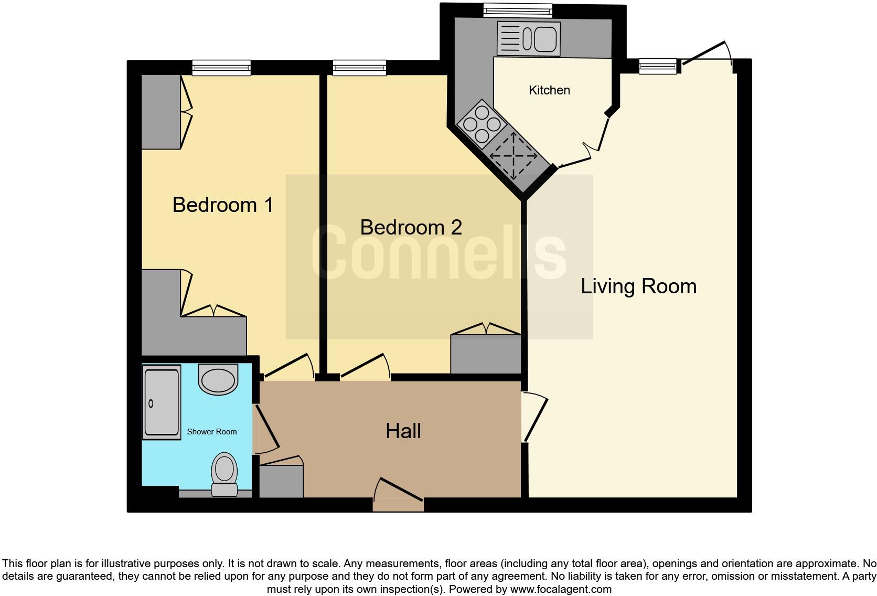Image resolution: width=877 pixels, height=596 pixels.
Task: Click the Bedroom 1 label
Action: coord(223,205)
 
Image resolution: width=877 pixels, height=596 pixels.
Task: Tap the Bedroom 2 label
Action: coord(411,227)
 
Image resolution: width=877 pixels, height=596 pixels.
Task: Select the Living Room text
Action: coord(638,286)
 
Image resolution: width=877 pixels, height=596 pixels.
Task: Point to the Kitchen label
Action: coord(549,90)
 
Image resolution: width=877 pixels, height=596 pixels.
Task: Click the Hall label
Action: coord(403,431)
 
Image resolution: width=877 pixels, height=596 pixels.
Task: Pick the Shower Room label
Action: coord(212,432)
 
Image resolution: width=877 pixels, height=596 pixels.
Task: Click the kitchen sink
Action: coord(528,38)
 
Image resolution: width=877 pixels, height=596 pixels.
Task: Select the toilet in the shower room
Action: coord(224,474)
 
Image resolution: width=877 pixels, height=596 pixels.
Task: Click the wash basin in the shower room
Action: coord(218,379)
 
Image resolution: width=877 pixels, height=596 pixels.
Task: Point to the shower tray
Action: coord(162,402)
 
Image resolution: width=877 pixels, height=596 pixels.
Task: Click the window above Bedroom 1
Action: coord(221,67)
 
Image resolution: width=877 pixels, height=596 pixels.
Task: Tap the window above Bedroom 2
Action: coord(359,67)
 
